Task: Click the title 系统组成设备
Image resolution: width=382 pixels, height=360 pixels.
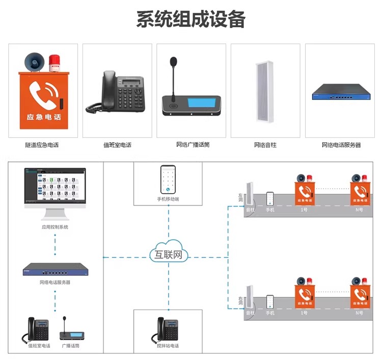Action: [191, 19]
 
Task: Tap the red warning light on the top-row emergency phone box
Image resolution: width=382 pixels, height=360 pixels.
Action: [54, 64]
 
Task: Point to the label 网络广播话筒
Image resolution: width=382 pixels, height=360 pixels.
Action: [192, 145]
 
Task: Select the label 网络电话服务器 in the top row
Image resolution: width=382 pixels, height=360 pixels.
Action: [340, 145]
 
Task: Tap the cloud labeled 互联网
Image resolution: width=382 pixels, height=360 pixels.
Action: [168, 253]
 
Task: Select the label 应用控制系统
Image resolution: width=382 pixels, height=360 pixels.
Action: [55, 227]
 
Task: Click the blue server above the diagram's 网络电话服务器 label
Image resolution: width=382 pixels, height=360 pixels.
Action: [55, 269]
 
